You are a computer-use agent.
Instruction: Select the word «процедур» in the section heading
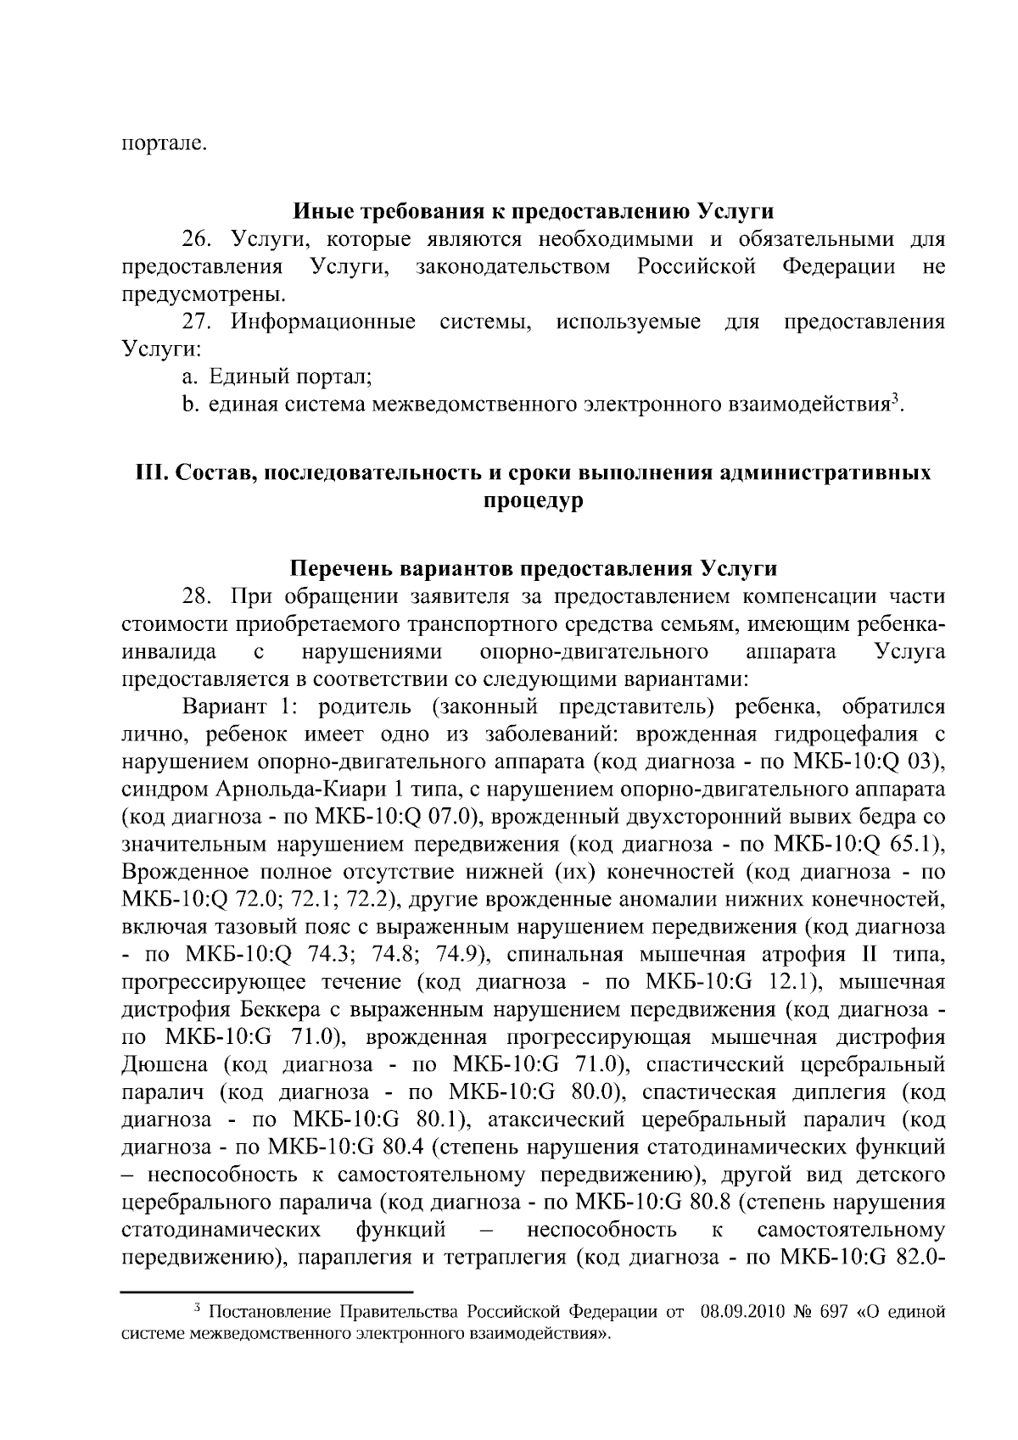click(x=534, y=500)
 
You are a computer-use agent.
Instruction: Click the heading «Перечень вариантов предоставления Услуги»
click(x=534, y=567)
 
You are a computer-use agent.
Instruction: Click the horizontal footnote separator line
click(x=266, y=1292)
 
